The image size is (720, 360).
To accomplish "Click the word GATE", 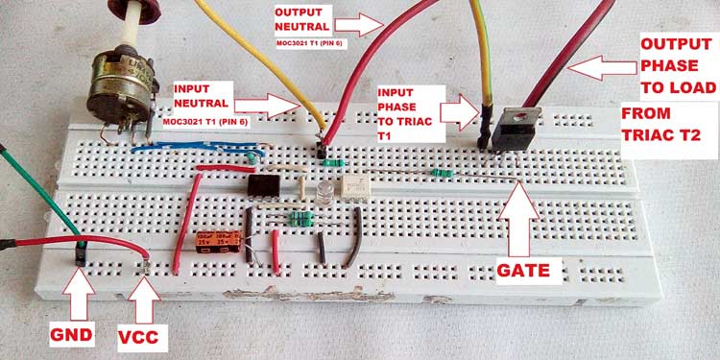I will [x=523, y=271].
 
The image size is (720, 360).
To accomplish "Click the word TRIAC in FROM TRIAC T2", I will [x=660, y=136].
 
